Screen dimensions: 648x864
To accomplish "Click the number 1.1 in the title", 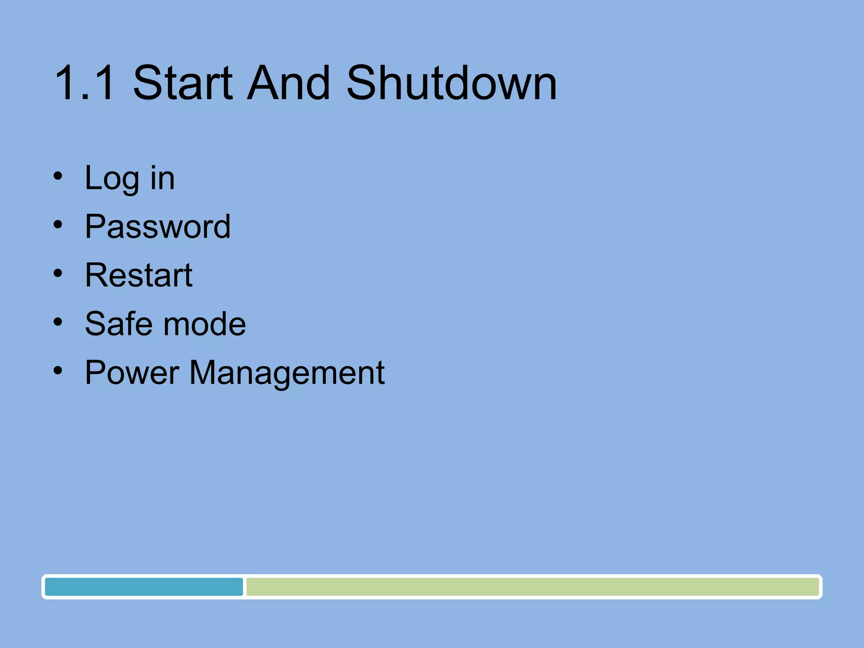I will point(84,83).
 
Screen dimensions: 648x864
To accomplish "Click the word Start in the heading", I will point(182,83).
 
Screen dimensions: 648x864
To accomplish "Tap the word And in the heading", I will point(288,83).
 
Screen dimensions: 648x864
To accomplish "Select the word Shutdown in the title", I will point(451,83).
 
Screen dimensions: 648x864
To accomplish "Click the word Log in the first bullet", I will point(112,179).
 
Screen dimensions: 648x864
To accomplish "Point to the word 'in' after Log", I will point(162,178).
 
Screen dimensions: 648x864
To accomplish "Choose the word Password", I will point(158,227).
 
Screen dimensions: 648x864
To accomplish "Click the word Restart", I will point(139,275).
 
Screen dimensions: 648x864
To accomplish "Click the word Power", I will point(132,373).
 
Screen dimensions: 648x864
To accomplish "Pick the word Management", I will point(287,373).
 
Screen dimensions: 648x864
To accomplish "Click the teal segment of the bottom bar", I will point(144,586).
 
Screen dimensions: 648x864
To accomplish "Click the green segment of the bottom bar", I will point(532,586).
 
